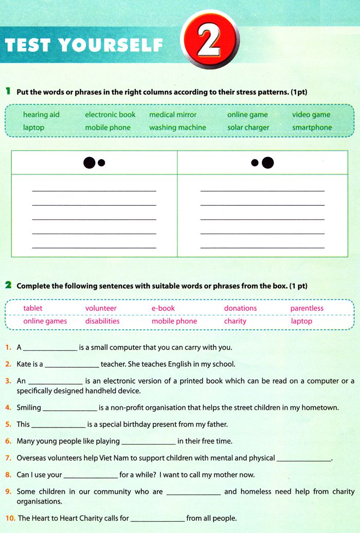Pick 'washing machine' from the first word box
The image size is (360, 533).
pos(177,128)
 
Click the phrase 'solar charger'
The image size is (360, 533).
pos(248,128)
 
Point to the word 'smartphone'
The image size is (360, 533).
pos(312,128)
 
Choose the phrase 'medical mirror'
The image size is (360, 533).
pos(173,115)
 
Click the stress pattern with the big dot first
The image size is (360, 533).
pos(94,163)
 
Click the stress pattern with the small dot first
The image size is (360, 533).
pos(262,163)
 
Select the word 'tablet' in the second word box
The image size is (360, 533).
pos(33,308)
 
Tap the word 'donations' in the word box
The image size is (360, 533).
pos(240,308)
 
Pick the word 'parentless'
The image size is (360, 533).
pos(307,308)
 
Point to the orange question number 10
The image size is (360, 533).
pos(10,519)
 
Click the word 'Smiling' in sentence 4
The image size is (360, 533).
pos(29,407)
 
